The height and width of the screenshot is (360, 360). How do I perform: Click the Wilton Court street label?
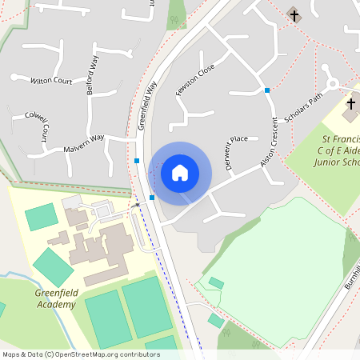pos(51,82)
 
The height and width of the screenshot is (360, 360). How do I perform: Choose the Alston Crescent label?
pos(273,144)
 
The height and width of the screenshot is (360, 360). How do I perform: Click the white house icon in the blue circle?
pos(180,173)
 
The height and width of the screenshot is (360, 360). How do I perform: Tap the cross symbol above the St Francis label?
pos(350,104)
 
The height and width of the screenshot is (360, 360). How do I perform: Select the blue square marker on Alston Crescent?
pos(267,90)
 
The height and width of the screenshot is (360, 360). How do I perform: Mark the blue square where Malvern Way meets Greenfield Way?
pos(137,161)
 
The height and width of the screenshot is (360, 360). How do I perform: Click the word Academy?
pos(57,303)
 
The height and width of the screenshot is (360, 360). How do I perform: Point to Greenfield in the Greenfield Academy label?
pos(57,293)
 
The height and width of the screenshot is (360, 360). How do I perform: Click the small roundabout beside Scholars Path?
pos(331,81)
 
